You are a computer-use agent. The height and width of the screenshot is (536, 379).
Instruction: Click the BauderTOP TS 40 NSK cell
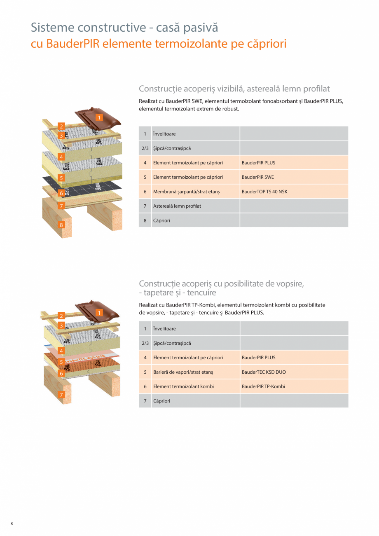point(264,192)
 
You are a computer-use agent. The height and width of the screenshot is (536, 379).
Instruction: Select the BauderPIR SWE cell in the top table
point(257,177)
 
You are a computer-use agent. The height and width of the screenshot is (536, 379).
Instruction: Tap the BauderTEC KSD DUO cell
point(264,372)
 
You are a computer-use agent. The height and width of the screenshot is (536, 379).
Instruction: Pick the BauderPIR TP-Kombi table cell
point(263,386)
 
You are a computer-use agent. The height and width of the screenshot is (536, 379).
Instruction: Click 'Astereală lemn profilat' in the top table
point(177,206)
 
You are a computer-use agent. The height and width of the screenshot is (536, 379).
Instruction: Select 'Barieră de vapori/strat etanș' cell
point(183,372)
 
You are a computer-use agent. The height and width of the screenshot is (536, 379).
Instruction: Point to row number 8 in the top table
point(145,220)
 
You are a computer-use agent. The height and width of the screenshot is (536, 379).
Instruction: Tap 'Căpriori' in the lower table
point(161,401)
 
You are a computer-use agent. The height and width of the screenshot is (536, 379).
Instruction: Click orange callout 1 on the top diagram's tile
point(99,117)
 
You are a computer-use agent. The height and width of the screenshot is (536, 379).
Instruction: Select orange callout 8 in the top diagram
point(61,225)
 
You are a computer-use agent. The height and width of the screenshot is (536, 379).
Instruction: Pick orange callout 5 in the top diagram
point(61,178)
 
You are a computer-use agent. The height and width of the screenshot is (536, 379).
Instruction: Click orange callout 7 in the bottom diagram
point(61,395)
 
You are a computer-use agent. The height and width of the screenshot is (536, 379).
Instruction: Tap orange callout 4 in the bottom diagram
point(61,351)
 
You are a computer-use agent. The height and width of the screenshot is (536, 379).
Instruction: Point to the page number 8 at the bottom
point(12,524)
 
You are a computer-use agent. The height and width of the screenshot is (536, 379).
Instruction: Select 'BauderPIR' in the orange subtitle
point(72,43)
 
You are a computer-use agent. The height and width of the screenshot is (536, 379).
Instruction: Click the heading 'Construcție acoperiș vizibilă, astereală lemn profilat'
point(234,89)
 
